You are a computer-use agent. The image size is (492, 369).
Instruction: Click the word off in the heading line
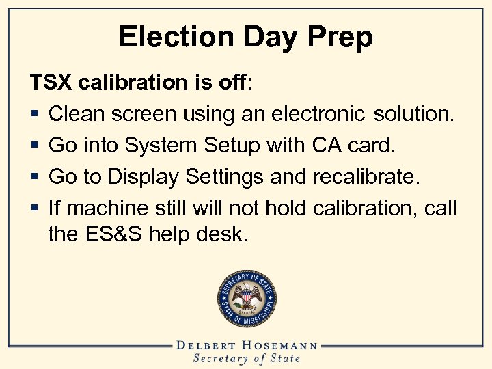(x=236, y=83)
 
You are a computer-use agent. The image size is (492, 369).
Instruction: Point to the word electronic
(x=320, y=114)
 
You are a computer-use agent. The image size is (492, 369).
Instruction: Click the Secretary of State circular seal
(x=246, y=299)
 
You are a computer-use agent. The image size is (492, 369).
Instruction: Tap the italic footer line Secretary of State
(x=246, y=359)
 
